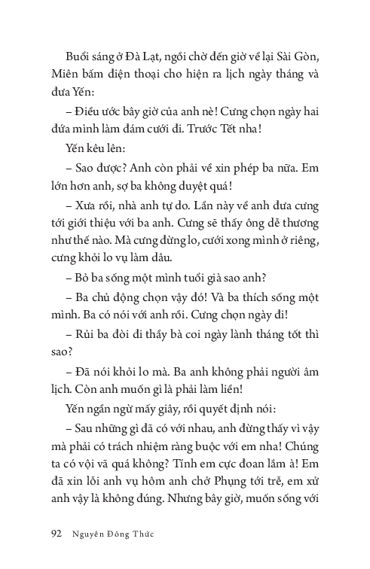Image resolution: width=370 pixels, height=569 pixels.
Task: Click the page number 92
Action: pos(55,535)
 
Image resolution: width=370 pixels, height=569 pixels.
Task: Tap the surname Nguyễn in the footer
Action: pos(91,535)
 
